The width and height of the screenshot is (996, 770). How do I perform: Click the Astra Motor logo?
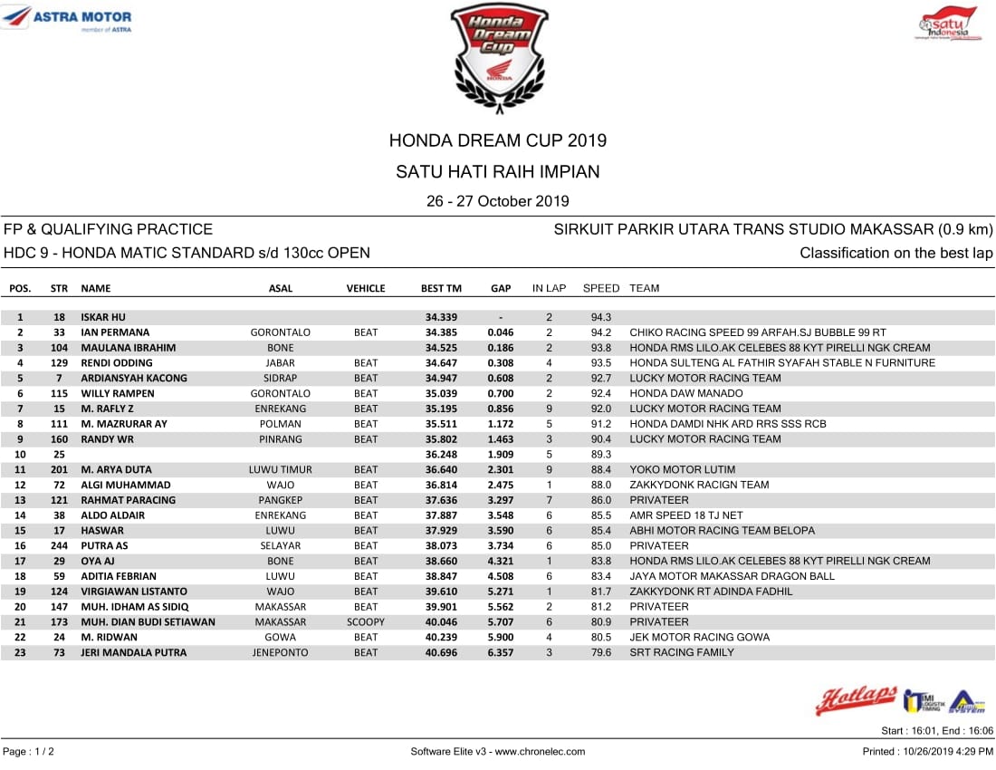[68, 19]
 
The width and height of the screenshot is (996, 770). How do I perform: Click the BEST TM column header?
[441, 288]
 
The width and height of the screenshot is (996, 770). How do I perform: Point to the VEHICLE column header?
[366, 288]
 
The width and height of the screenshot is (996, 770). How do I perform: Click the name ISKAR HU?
[103, 317]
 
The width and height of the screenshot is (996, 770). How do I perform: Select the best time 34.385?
[441, 332]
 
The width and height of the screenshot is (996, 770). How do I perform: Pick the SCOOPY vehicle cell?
[366, 621]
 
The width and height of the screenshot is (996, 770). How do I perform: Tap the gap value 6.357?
[500, 652]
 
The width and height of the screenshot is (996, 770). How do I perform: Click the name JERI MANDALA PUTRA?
[134, 652]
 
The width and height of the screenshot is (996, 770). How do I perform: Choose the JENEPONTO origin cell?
[281, 652]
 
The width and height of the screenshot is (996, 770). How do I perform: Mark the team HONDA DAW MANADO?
[685, 393]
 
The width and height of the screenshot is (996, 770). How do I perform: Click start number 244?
[60, 545]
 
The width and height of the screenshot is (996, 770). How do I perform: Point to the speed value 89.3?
[601, 454]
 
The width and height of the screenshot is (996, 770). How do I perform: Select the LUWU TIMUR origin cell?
[281, 469]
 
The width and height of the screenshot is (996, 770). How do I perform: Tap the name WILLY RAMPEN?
[118, 393]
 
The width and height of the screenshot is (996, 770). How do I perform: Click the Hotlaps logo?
[856, 699]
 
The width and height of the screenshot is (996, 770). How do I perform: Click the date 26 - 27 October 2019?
[498, 201]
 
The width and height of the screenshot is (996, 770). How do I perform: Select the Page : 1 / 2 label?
[28, 751]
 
